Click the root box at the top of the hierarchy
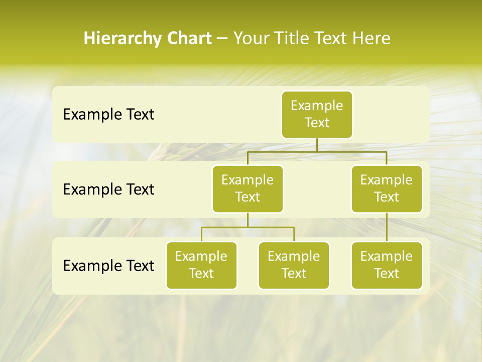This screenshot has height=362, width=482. point(317,114)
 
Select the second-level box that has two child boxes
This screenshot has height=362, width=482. point(248,189)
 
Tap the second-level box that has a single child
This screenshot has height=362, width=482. point(387,189)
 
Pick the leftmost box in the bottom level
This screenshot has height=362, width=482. point(201,265)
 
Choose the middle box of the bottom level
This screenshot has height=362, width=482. point(294,265)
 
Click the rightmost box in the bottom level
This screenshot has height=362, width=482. point(387,265)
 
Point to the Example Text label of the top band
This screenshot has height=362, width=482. point(108,115)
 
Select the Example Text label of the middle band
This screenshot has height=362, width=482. point(108,190)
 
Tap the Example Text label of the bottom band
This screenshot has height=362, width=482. point(108,265)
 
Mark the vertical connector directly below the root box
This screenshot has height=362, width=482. point(317,145)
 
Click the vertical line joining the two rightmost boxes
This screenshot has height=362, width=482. point(387,227)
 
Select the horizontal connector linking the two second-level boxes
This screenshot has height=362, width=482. point(317,151)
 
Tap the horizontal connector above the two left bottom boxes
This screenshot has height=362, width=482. point(248,227)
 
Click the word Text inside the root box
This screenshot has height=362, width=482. point(317,123)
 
